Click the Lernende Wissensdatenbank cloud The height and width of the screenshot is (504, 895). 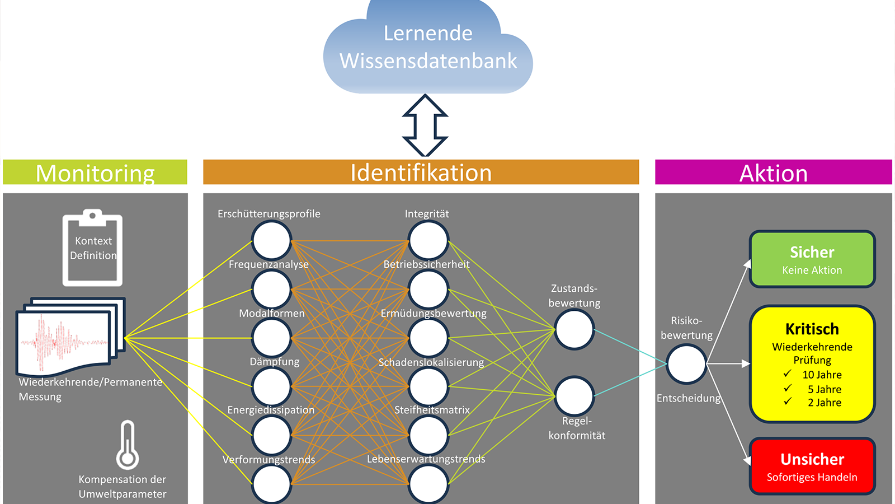tap(428, 48)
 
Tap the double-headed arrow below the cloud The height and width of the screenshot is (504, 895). tap(425, 125)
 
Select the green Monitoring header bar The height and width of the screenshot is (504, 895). tap(95, 172)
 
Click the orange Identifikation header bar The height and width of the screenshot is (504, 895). tap(421, 172)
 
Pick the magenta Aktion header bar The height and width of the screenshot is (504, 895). tap(773, 172)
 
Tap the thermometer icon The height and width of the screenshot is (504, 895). tap(128, 445)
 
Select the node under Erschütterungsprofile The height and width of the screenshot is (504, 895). tap(271, 240)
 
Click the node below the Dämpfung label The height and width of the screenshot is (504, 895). tap(271, 386)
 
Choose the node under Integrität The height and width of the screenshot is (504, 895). tap(428, 240)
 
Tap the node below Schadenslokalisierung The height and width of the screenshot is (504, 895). tap(428, 386)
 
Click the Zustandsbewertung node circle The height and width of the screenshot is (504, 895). tap(574, 329)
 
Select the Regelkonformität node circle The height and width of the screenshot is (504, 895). tap(574, 396)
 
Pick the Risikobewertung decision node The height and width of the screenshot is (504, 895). tap(686, 364)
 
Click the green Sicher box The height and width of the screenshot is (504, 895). tap(812, 259)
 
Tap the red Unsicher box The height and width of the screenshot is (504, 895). tap(812, 466)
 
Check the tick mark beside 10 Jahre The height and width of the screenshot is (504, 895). tap(788, 374)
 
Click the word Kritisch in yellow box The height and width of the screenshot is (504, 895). tap(812, 329)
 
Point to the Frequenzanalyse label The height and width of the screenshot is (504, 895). tap(268, 264)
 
